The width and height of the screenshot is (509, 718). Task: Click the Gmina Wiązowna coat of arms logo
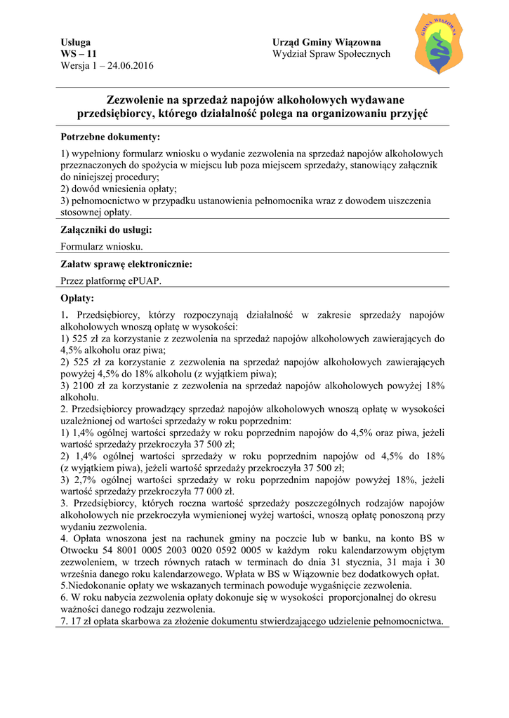[439, 43]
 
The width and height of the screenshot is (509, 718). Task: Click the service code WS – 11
[79, 54]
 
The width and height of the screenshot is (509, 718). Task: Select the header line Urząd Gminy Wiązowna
[326, 43]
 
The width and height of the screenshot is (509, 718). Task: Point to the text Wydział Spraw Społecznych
[331, 54]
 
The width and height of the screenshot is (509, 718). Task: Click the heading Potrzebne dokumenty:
[110, 136]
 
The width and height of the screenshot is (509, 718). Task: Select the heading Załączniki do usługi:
[106, 229]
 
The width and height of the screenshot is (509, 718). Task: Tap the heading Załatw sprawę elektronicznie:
[126, 264]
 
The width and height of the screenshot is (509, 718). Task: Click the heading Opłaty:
[77, 298]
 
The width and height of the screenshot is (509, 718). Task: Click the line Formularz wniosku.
[103, 246]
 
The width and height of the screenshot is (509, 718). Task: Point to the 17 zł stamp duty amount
[79, 621]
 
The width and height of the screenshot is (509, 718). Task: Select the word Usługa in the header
[76, 43]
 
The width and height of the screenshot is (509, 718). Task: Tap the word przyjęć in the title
[405, 114]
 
